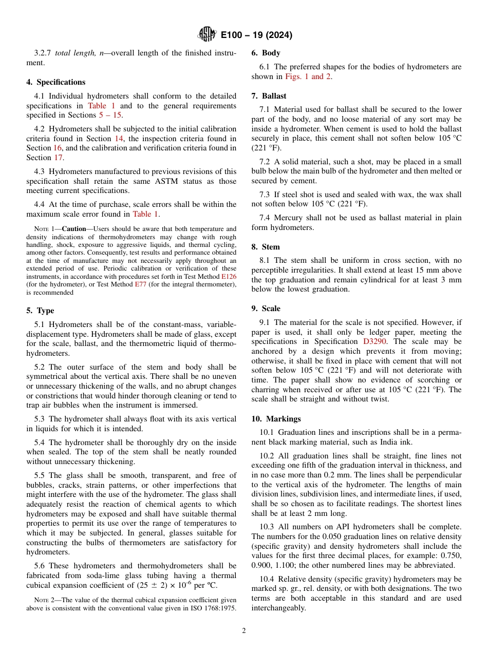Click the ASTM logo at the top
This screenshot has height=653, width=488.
[x=207, y=35]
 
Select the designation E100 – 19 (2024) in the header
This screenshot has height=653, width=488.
[x=256, y=35]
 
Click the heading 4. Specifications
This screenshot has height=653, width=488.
[x=56, y=82]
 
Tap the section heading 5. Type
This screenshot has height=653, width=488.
[x=40, y=311]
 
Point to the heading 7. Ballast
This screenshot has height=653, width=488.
[x=269, y=96]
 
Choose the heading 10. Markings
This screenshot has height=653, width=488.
[x=276, y=419]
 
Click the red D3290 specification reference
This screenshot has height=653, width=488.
[x=374, y=341]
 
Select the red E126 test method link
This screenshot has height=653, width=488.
[x=229, y=276]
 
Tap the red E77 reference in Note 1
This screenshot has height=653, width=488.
[x=140, y=284]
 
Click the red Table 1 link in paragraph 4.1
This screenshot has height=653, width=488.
[x=104, y=106]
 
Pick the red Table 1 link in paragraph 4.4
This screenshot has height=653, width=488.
[x=145, y=214]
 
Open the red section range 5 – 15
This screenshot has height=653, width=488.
[x=110, y=116]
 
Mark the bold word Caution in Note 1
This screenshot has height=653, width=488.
[x=74, y=229]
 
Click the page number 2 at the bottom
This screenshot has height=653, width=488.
[x=244, y=631]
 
